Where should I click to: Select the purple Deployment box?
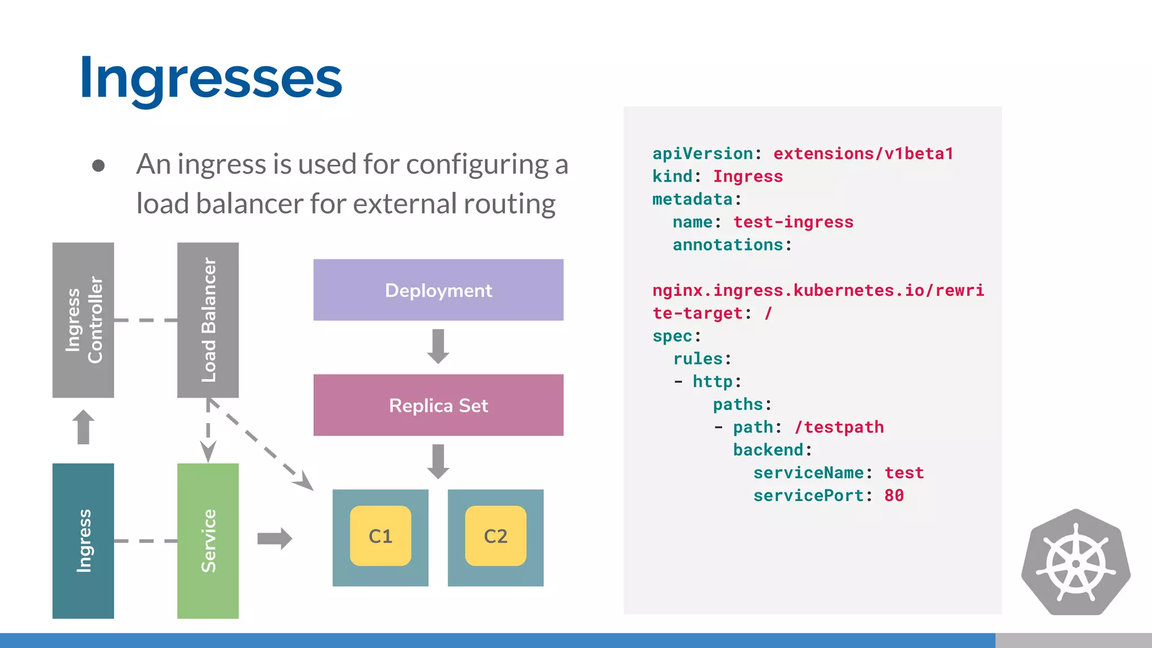(438, 290)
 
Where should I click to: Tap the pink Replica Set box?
(438, 405)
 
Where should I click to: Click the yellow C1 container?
(380, 536)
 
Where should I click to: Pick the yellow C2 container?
(496, 536)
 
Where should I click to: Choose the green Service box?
(208, 541)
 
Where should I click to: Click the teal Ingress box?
(83, 541)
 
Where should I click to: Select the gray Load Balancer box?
(208, 319)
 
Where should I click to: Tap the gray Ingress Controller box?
(83, 319)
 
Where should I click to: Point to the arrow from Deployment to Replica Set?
(438, 346)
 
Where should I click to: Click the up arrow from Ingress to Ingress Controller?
(83, 427)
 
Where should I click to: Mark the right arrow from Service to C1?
(274, 538)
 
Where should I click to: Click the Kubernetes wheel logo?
(1075, 562)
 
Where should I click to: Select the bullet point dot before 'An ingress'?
(98, 165)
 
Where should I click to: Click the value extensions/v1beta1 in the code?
(863, 154)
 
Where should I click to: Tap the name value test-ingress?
(793, 222)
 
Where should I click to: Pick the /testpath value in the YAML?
(839, 427)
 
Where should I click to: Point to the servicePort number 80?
(894, 496)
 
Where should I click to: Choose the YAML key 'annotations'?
(728, 245)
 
